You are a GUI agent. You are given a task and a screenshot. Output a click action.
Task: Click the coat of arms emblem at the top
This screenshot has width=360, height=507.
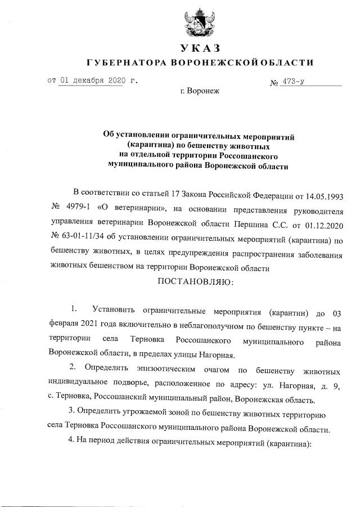200,22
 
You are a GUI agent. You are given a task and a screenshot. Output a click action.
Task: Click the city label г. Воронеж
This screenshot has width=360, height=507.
200,91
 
